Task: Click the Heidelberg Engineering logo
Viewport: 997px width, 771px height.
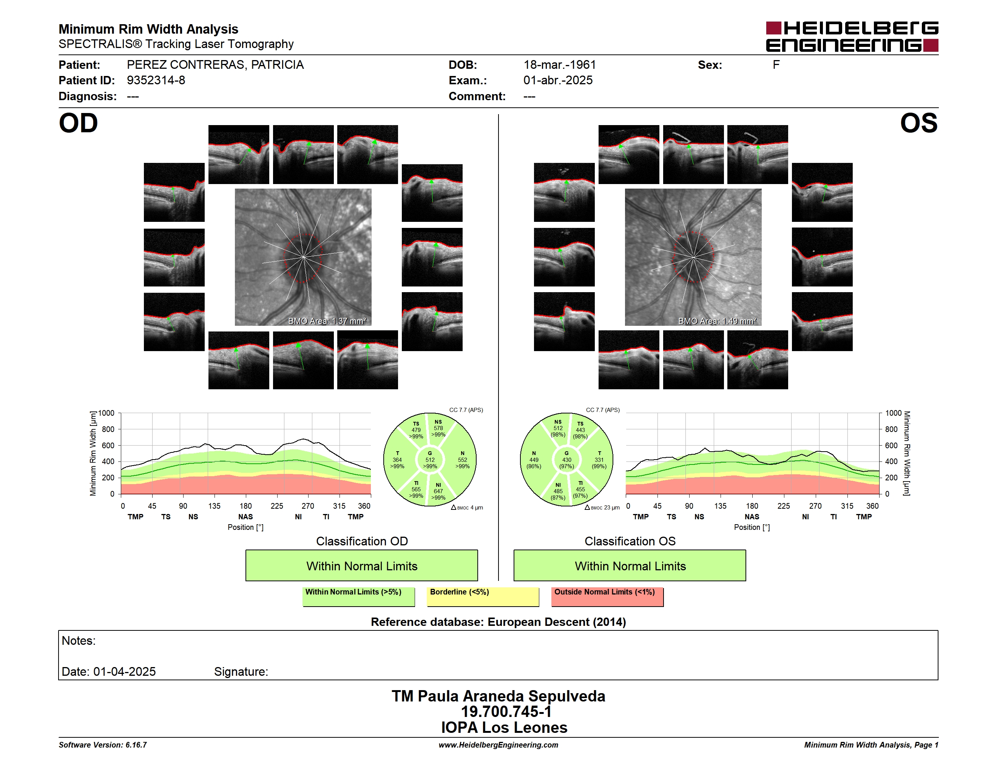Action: coord(852,37)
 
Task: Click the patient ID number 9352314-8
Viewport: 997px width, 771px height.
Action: coord(156,81)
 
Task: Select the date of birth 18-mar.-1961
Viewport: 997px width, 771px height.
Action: coord(560,65)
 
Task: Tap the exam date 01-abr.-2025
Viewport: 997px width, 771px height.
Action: coord(558,81)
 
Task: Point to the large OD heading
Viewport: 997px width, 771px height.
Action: coord(78,123)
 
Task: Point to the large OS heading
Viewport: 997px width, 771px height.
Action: coord(919,123)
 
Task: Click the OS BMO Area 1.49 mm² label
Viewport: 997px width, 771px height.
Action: coord(717,321)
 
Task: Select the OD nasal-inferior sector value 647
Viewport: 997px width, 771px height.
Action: coord(438,491)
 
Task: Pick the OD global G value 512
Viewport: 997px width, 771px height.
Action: coord(430,460)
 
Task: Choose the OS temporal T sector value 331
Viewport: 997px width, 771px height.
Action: coord(599,460)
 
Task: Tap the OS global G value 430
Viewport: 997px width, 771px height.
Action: coord(566,460)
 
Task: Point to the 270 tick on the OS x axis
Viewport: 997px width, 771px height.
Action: coord(815,506)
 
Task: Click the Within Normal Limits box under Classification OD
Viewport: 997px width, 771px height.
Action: coord(361,565)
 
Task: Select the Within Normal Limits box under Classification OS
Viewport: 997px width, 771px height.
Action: coord(630,565)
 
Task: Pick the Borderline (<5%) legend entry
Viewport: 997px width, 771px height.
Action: coord(483,596)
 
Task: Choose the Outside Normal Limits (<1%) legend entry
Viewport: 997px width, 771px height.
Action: coord(608,596)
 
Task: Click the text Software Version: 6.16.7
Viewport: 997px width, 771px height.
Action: coord(103,745)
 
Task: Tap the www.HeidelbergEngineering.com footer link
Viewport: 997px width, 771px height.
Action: coord(498,745)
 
